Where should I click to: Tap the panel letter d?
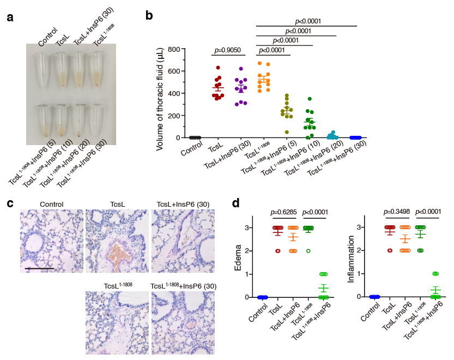pos(235,203)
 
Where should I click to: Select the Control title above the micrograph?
pos(52,205)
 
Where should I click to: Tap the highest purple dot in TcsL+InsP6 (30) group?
pos(241,69)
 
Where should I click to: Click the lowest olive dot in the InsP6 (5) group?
pos(271,132)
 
